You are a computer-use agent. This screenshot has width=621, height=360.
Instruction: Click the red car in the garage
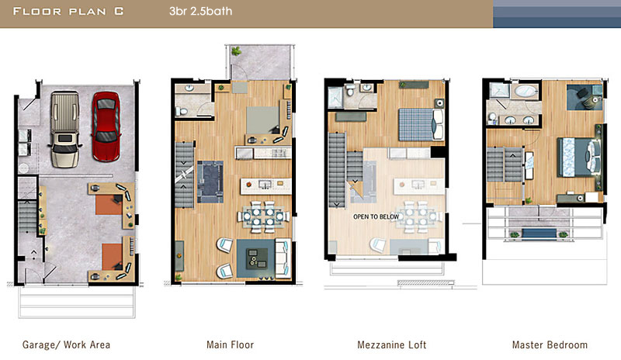point(106,126)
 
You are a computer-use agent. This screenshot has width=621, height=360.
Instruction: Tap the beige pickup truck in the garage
point(65,129)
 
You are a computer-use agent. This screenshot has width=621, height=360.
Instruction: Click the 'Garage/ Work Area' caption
point(66,345)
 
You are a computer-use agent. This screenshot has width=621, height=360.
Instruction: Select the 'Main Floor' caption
point(230,345)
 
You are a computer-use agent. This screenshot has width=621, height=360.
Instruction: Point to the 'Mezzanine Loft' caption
point(392,345)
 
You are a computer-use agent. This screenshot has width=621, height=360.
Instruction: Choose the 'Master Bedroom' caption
point(550,345)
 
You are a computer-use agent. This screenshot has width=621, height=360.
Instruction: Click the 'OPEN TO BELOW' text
point(376,217)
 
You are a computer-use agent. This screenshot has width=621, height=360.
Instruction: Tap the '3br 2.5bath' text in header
point(200,11)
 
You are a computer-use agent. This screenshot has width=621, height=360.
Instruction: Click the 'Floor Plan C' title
point(68,11)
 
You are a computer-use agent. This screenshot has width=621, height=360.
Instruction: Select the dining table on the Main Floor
point(263,216)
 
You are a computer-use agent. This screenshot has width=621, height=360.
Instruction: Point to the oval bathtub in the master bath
point(526,92)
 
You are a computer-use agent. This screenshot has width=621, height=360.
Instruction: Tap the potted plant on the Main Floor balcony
point(236,51)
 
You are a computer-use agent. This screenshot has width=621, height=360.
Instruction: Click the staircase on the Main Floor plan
point(185,175)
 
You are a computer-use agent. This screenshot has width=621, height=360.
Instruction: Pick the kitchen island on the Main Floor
point(265,185)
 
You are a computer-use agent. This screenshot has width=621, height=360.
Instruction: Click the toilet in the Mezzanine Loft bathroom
point(350,90)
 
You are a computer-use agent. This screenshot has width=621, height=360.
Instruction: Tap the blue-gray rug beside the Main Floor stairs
point(210,182)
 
